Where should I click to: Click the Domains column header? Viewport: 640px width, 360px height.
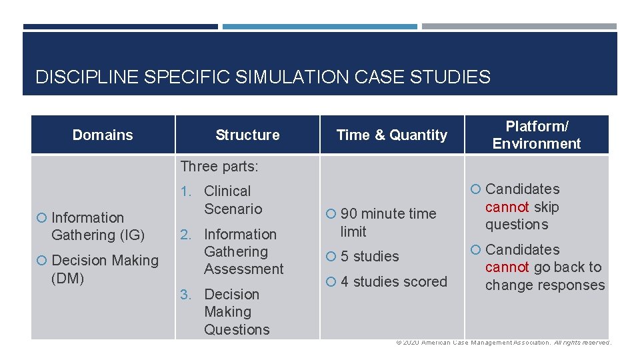coord(103,135)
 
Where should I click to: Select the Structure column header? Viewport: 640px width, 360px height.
coord(247,135)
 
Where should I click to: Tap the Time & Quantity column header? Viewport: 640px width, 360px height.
coord(391,135)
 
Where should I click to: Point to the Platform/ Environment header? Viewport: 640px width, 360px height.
coord(536,135)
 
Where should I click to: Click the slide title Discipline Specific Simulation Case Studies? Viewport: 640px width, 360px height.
coord(263,77)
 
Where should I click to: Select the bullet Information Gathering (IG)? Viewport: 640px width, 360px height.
coord(97,226)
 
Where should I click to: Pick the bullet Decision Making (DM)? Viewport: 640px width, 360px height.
coord(104,269)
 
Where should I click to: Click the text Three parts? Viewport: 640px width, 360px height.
coord(219,166)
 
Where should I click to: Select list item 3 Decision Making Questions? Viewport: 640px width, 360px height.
coord(236,311)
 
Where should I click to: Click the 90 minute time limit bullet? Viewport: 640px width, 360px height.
coord(387,223)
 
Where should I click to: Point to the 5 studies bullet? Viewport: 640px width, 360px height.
coord(369,257)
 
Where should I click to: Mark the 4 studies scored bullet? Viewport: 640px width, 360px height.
coord(393,282)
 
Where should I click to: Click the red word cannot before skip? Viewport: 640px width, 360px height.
coord(507,207)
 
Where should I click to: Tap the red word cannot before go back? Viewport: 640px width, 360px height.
coord(507,267)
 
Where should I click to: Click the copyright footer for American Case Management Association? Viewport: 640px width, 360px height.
coord(503,343)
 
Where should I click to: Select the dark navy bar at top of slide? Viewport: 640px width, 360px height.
coord(120,27)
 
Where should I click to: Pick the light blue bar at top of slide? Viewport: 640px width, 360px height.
coord(319,27)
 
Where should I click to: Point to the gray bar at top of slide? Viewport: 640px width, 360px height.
coord(519,27)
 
